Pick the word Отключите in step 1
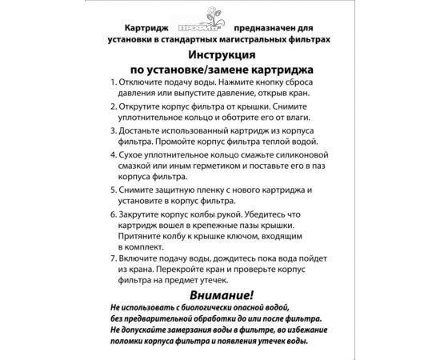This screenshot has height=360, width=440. (x=141, y=83)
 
